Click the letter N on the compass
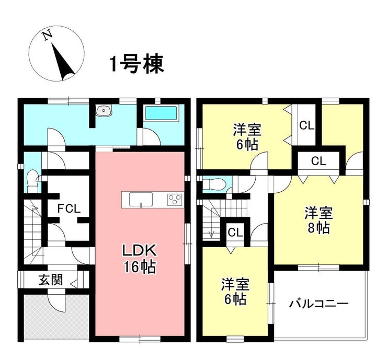pyautogui.click(x=48, y=35)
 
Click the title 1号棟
pyautogui.click(x=137, y=64)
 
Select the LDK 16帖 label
pyautogui.click(x=140, y=259)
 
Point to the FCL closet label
pyautogui.click(x=69, y=209)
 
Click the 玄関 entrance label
pyautogui.click(x=51, y=280)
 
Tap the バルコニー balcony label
pyautogui.click(x=318, y=304)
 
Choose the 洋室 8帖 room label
pyautogui.click(x=318, y=220)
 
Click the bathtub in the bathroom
pyautogui.click(x=161, y=113)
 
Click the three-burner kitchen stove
pyautogui.click(x=175, y=199)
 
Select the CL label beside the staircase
pyautogui.click(x=235, y=233)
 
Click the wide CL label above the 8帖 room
pyautogui.click(x=318, y=161)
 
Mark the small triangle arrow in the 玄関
pyautogui.click(x=74, y=283)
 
